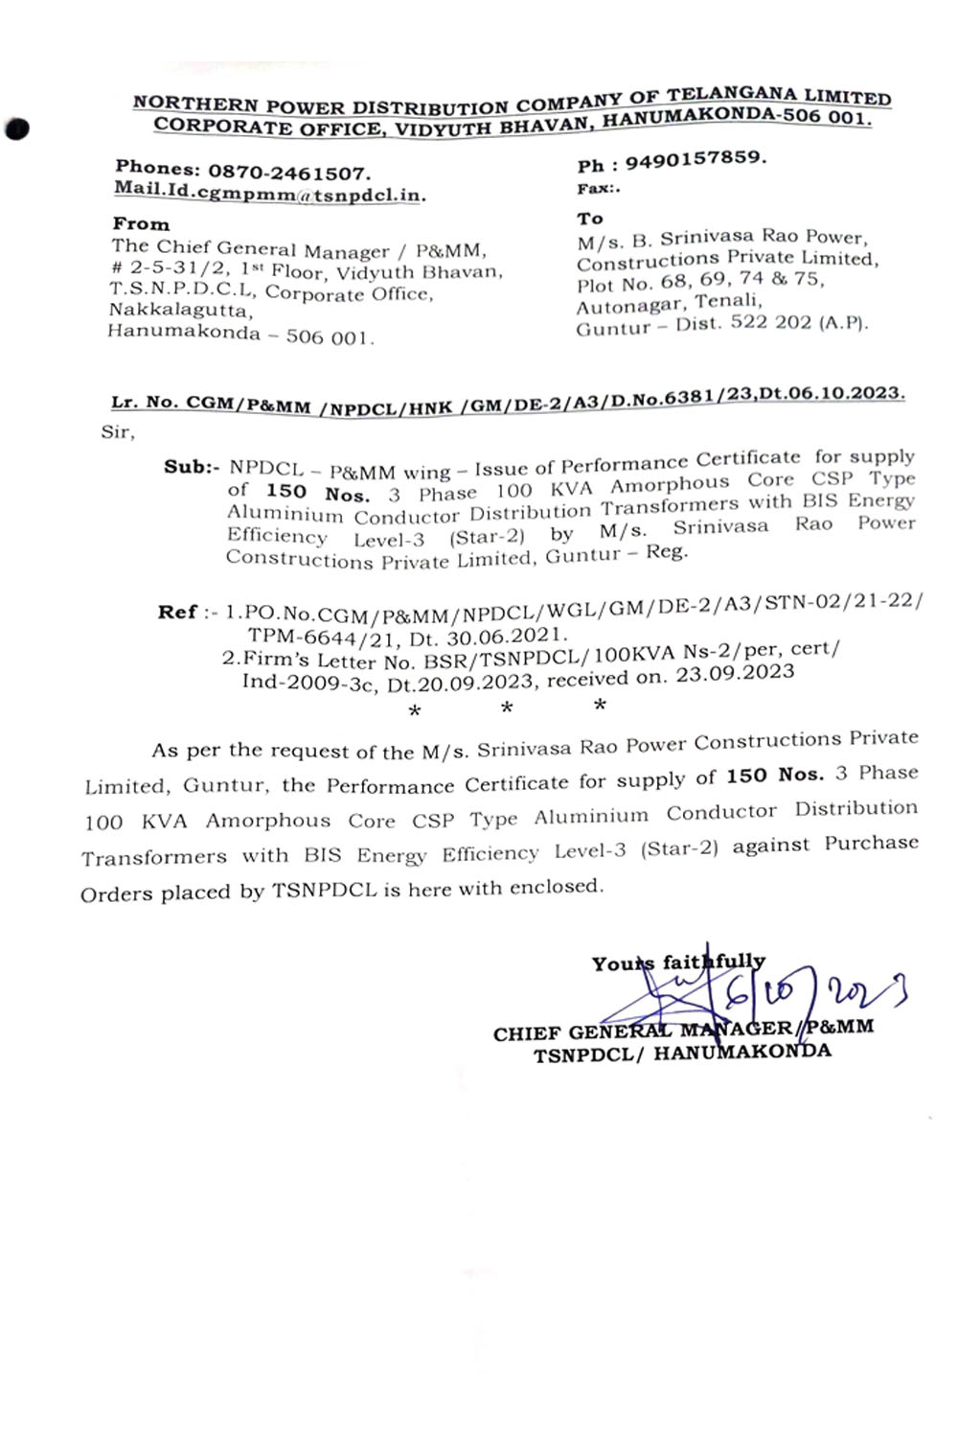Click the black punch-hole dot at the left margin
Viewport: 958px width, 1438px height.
(x=17, y=129)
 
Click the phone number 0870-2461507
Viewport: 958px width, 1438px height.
(x=288, y=174)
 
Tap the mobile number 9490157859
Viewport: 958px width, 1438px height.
(x=696, y=159)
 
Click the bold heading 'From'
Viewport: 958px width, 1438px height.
(x=141, y=223)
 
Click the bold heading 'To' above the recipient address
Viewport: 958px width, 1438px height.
(x=590, y=219)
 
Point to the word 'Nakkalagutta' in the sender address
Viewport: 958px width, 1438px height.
(x=180, y=311)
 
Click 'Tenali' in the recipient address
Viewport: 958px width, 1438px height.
(x=729, y=302)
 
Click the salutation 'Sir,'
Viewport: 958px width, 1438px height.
(x=118, y=432)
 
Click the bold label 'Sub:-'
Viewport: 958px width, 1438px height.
(x=192, y=468)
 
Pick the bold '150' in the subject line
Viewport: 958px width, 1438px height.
(x=286, y=492)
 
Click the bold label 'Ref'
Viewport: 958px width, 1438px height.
(x=177, y=612)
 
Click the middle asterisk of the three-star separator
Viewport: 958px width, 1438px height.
(x=507, y=708)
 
